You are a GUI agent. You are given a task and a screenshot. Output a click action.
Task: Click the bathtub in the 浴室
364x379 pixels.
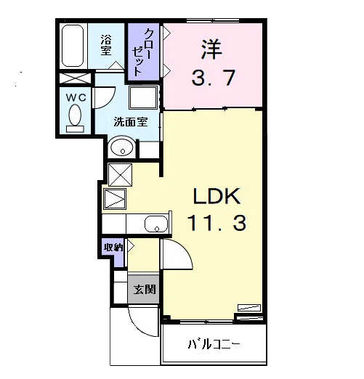73,46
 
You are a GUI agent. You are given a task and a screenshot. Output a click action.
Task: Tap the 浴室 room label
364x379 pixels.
106,45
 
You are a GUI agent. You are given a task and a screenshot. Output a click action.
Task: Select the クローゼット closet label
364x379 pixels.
143,52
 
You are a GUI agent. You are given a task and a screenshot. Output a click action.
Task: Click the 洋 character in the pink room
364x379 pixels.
211,49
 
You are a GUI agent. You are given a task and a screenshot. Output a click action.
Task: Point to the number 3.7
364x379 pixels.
213,78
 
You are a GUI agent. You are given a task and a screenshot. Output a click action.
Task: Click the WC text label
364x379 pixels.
76,97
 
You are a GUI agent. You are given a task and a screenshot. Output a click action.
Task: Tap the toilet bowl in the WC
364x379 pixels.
75,115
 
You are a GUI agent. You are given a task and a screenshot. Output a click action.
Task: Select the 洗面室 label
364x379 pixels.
131,122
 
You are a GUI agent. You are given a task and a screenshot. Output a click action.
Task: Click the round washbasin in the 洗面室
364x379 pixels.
122,147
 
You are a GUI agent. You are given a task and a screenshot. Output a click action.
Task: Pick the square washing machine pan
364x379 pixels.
143,97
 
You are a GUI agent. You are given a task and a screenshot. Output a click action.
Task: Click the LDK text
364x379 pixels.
217,195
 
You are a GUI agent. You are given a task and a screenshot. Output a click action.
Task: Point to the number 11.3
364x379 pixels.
217,223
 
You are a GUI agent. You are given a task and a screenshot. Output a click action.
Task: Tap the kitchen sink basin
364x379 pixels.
156,224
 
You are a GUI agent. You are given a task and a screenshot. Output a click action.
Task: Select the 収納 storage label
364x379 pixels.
113,248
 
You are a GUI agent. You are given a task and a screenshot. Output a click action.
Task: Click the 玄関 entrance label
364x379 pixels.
145,289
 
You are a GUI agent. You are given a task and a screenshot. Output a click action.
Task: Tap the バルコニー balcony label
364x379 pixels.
214,344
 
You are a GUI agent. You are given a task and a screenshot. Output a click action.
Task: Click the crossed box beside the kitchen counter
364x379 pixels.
121,175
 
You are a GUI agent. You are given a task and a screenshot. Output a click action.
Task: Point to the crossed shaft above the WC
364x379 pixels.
76,78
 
